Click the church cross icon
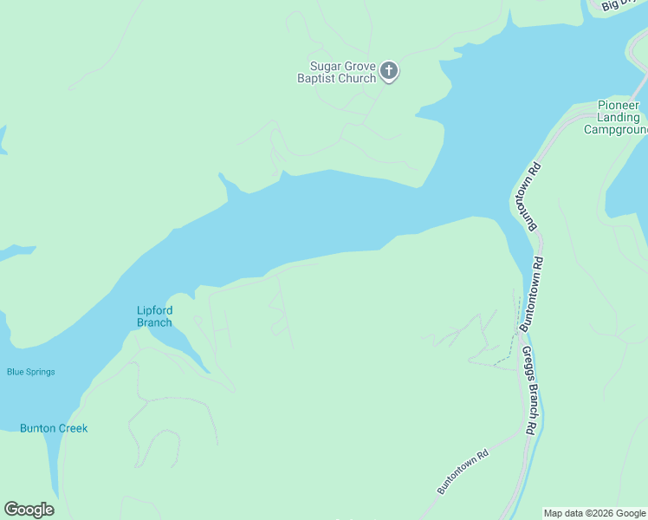(x=389, y=71)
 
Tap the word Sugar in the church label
(x=325, y=66)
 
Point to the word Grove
(x=359, y=66)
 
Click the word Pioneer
(x=619, y=105)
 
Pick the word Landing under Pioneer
(x=619, y=117)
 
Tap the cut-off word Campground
(x=615, y=130)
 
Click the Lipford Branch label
(x=154, y=316)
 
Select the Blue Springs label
(x=31, y=372)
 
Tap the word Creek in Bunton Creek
(x=74, y=428)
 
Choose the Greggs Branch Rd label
(x=528, y=390)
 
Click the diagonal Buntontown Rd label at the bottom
(x=463, y=471)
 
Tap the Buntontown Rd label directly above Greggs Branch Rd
(x=532, y=295)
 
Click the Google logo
(x=29, y=510)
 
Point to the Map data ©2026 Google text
(x=594, y=513)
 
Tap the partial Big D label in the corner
(x=620, y=5)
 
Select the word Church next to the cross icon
(x=358, y=78)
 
